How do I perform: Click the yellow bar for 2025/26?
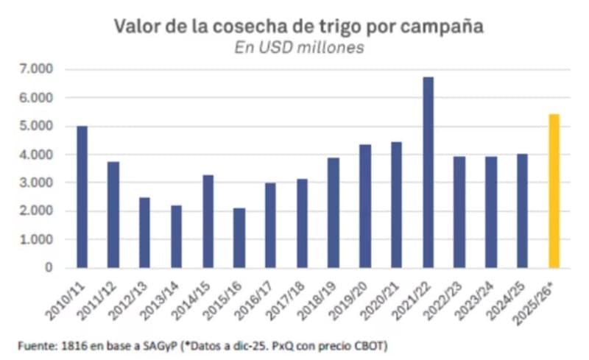point(554,191)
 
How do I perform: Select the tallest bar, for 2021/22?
point(428,172)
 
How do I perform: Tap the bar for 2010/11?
point(82,197)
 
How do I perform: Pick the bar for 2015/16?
point(239,239)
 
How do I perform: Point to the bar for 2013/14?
point(176,237)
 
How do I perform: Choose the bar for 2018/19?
point(334,213)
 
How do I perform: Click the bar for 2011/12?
point(113,215)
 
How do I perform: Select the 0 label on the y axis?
point(49,268)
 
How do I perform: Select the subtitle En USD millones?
point(299,48)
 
